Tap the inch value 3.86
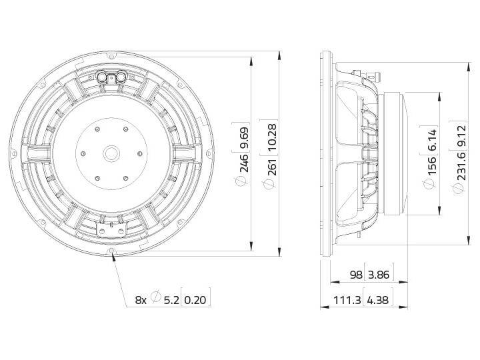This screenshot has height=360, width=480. (x=379, y=275)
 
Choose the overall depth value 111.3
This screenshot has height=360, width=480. (x=349, y=301)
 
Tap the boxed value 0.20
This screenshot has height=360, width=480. (x=196, y=300)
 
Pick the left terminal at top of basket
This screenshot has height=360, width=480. (x=102, y=77)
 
